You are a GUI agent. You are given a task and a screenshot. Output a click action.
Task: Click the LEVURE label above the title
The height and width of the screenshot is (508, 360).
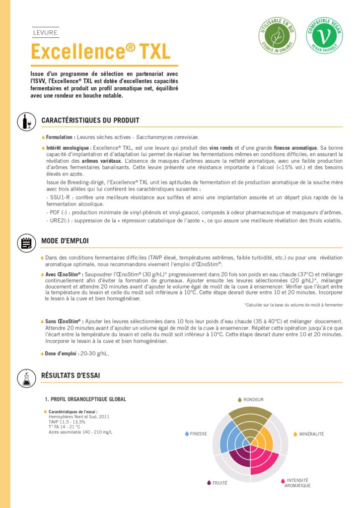[x=45, y=33]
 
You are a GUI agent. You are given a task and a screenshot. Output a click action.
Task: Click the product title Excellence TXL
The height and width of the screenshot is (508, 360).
[x=101, y=51]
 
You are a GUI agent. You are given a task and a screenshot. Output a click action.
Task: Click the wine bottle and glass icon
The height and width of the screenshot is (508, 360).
[x=26, y=122]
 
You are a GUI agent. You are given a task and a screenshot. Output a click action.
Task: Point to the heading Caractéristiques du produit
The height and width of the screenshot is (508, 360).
[x=90, y=121]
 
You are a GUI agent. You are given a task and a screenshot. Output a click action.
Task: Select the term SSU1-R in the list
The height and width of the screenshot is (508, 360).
[x=57, y=197]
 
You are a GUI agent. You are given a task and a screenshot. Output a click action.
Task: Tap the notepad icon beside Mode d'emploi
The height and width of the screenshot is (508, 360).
[x=26, y=242]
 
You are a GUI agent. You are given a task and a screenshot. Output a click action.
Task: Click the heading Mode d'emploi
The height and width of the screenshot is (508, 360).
[x=65, y=241]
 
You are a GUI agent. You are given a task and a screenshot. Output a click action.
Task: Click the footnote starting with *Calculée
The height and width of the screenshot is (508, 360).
[x=293, y=305]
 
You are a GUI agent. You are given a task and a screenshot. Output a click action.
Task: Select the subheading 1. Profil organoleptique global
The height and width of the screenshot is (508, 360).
[x=85, y=399]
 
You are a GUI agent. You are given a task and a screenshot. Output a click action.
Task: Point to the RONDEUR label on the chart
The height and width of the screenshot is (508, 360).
[x=253, y=399]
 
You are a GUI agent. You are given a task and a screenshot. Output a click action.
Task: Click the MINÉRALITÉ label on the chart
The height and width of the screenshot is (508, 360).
[x=311, y=434]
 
